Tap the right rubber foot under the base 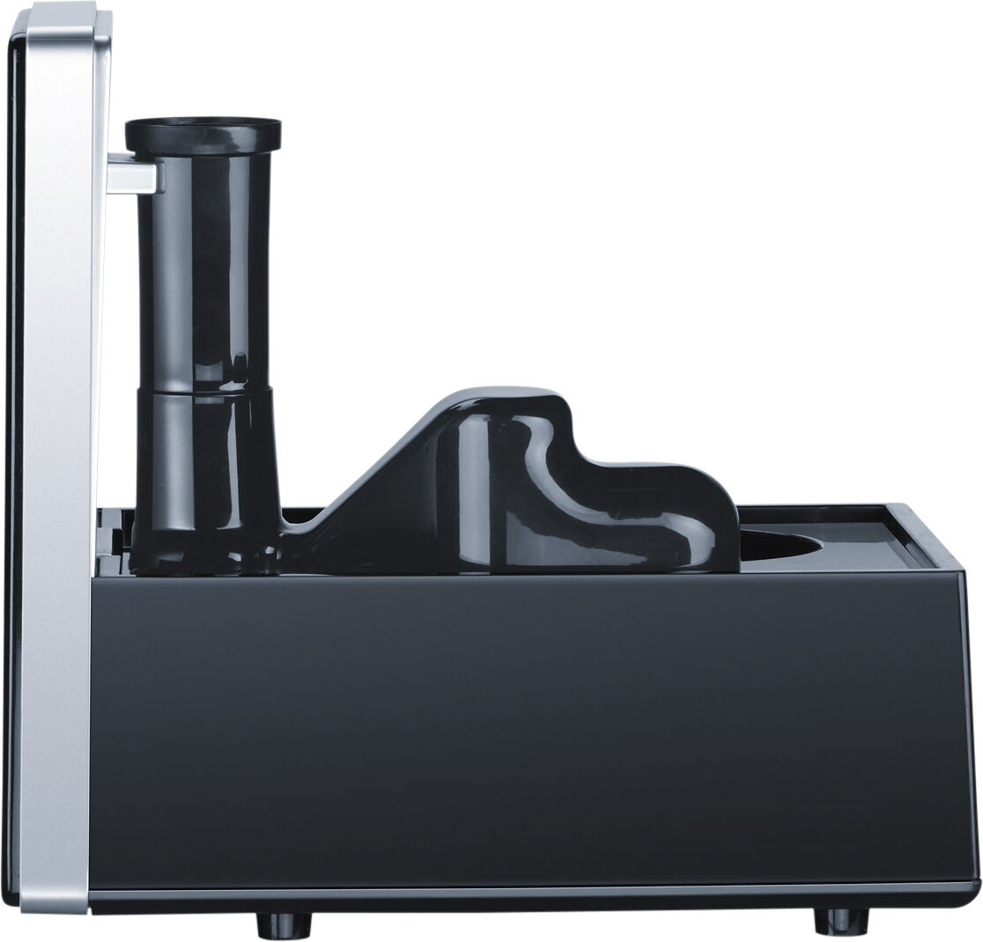click(840, 921)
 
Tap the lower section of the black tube click(204, 467)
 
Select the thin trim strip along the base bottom click(528, 896)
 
